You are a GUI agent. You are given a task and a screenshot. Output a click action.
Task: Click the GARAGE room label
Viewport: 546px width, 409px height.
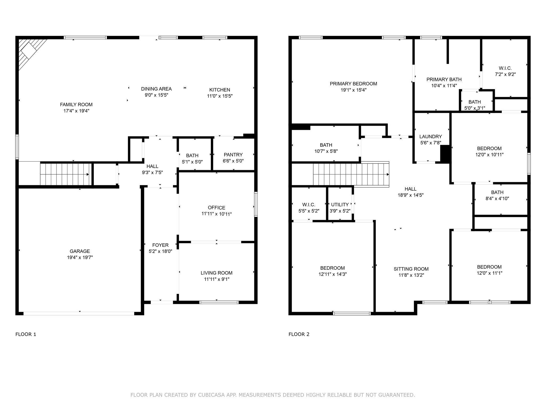tap(80, 251)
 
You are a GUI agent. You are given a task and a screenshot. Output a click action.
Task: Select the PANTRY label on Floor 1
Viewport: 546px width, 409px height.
tap(233, 155)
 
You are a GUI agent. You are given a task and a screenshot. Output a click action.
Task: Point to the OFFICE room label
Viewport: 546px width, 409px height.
tap(216, 208)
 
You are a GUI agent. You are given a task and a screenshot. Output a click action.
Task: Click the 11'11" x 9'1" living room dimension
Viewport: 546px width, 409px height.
tap(216, 279)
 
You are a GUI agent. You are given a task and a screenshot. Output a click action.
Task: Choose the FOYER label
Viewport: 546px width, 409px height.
tap(160, 245)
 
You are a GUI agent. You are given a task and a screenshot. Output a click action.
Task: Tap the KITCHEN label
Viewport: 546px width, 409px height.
tap(220, 90)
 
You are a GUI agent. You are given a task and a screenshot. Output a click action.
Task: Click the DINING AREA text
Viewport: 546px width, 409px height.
tap(156, 89)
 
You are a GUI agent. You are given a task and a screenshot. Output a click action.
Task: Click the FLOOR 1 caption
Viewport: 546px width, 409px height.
tap(26, 334)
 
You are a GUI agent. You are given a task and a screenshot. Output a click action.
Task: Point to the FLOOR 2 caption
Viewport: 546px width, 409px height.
tap(299, 334)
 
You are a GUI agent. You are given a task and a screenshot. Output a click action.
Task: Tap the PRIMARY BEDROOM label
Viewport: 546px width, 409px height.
tap(354, 84)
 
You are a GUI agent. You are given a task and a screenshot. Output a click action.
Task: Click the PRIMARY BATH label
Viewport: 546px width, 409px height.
tap(444, 80)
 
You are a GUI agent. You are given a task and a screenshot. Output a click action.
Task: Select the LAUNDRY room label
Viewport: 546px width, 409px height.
tap(431, 137)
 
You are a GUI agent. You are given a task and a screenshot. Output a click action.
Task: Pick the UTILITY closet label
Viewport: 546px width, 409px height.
tap(340, 204)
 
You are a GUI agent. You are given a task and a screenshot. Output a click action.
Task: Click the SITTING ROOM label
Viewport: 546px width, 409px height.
tap(411, 269)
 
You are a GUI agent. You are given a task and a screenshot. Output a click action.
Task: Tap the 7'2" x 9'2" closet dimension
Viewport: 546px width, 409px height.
tap(505, 75)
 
